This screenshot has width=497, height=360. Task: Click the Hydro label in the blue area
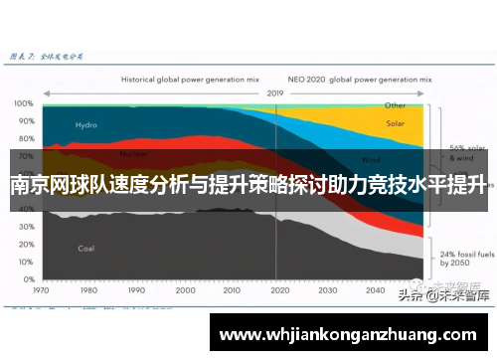click(x=85, y=125)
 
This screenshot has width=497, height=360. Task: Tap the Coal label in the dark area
click(x=85, y=248)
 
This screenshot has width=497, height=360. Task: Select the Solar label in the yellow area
click(x=396, y=124)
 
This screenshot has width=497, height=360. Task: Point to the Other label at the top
click(x=396, y=104)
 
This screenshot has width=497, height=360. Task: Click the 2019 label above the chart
click(x=275, y=93)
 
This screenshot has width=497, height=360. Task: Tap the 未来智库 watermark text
click(x=463, y=295)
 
